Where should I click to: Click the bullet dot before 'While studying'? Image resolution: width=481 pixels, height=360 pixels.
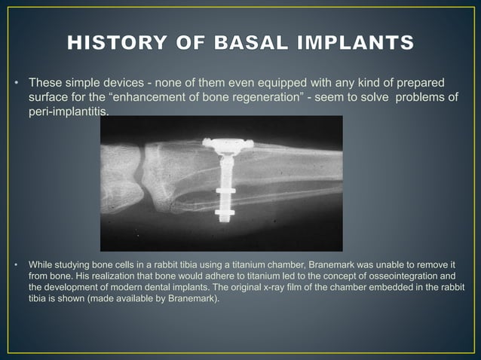tap(17, 265)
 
